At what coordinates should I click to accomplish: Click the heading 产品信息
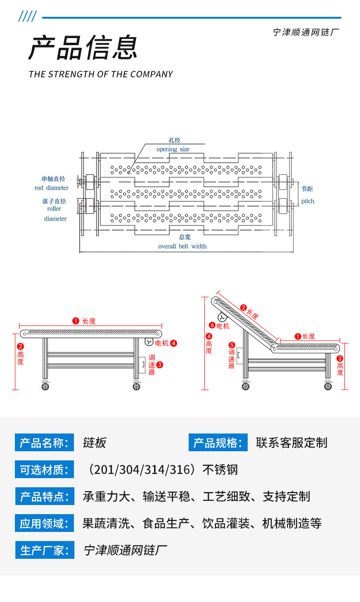click(x=83, y=48)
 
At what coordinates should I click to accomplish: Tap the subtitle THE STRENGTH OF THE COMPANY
click(x=101, y=74)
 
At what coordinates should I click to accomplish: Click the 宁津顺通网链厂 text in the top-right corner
click(x=306, y=33)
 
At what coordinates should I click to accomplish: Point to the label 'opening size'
click(x=173, y=149)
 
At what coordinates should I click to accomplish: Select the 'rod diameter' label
click(x=51, y=188)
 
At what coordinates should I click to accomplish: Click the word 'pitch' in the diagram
click(x=308, y=201)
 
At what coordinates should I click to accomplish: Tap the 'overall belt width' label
click(x=182, y=246)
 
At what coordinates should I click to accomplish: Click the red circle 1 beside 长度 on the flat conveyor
click(x=75, y=321)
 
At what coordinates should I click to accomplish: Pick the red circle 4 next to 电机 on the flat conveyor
click(x=174, y=343)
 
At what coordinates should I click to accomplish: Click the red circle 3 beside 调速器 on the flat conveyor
click(x=160, y=365)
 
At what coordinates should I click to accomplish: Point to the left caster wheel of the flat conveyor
click(x=45, y=386)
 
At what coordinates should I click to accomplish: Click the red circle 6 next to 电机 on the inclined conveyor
click(x=212, y=325)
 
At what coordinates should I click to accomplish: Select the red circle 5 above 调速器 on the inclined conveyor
click(x=232, y=345)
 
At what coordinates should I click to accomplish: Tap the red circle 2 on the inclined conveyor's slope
click(x=243, y=308)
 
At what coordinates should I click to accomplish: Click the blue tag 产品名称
click(x=45, y=443)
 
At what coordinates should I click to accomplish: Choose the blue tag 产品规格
click(x=218, y=443)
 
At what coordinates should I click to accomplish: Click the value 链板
click(x=95, y=443)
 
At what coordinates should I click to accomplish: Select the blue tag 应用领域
click(x=45, y=523)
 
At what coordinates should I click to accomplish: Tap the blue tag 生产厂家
click(x=45, y=550)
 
